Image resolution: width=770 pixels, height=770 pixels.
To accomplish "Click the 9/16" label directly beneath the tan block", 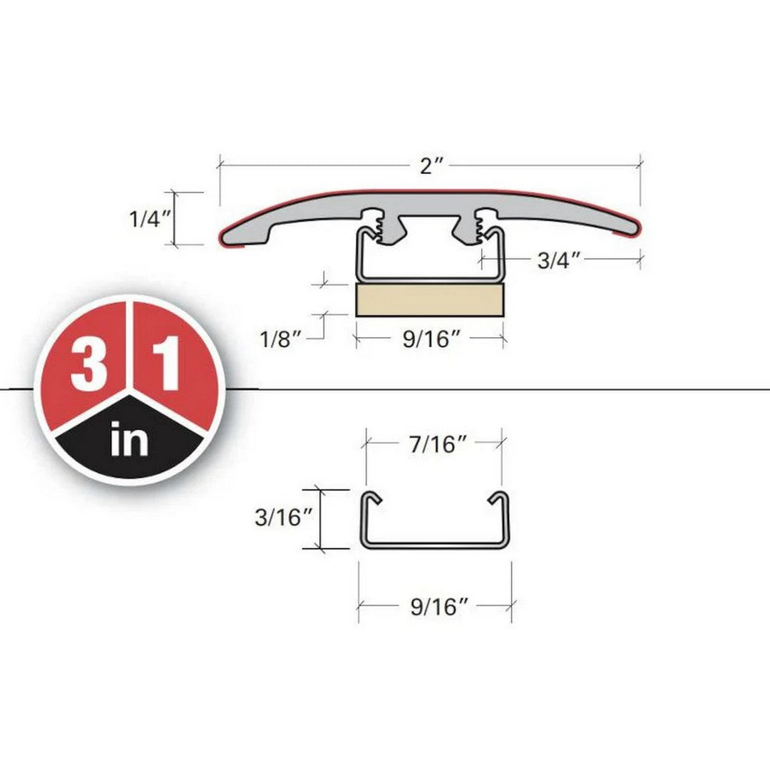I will pyautogui.click(x=430, y=339).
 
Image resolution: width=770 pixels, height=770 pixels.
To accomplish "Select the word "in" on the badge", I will pyautogui.click(x=130, y=441).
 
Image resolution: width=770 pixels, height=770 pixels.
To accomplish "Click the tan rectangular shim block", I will pyautogui.click(x=430, y=300).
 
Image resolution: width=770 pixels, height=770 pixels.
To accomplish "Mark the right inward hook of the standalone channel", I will pyautogui.click(x=495, y=499).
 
